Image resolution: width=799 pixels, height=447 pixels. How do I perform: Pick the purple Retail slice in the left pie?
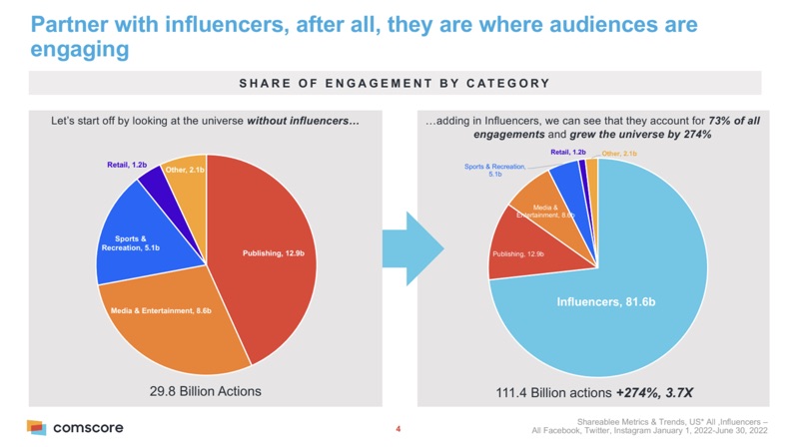(150, 180)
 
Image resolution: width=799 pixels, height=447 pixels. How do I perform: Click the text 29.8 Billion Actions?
(205, 391)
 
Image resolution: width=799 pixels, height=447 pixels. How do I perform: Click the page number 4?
(398, 429)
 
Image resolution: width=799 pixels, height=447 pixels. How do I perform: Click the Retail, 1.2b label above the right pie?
(570, 153)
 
